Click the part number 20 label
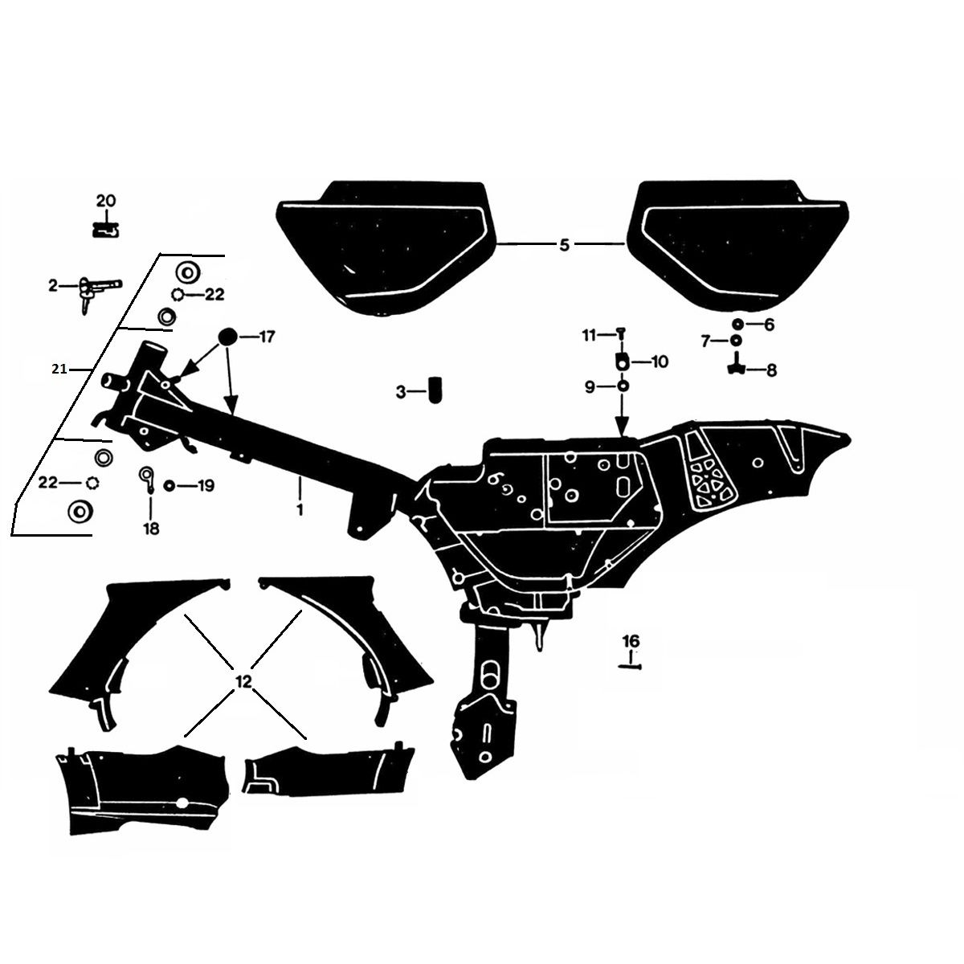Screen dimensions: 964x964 (x=106, y=201)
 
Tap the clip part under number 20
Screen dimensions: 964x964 (x=106, y=229)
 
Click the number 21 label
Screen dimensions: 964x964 (x=58, y=369)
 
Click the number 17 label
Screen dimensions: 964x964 (x=267, y=337)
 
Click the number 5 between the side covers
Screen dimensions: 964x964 (x=564, y=244)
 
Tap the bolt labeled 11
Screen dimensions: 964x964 (x=621, y=334)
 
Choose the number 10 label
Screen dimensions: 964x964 (x=659, y=362)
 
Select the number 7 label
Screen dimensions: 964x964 (x=706, y=342)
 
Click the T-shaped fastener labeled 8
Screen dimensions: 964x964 (x=736, y=368)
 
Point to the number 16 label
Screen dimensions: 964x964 (x=631, y=641)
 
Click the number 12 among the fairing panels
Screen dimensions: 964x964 (x=243, y=680)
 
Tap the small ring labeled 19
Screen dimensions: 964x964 (x=169, y=486)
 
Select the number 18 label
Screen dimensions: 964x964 (x=150, y=529)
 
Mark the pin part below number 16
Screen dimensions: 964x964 (x=631, y=664)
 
